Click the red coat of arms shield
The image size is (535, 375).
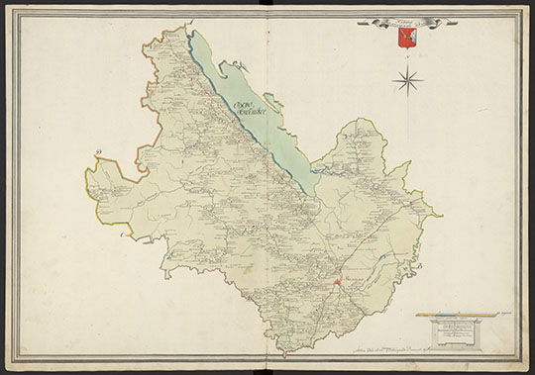click(403, 37)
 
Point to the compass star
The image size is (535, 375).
click(407, 77)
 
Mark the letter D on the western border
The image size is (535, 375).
click(99, 152)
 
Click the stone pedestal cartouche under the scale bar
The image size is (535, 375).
click(461, 330)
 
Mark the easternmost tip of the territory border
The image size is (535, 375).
click(441, 212)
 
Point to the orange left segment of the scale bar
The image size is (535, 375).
click(436, 312)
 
